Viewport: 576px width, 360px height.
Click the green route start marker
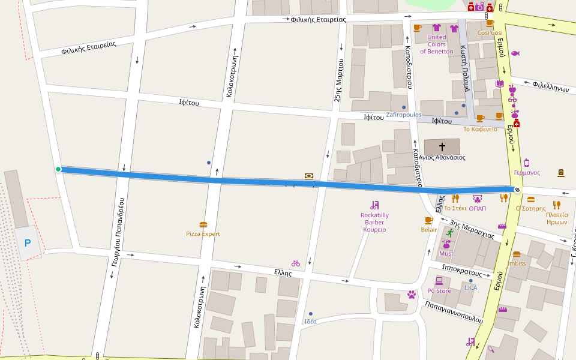[x=58, y=169]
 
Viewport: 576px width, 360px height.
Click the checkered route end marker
[x=517, y=190]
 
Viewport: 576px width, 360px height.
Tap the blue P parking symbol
[x=27, y=243]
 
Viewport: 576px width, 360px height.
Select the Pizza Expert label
[x=203, y=234]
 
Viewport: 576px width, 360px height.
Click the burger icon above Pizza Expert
[x=203, y=225]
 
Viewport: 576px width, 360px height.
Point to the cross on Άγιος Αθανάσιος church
[x=442, y=146]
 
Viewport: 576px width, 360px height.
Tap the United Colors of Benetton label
[x=436, y=44]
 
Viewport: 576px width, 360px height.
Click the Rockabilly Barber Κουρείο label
[x=374, y=222]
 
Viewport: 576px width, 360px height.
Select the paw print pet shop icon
[x=412, y=295]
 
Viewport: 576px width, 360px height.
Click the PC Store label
[x=439, y=291]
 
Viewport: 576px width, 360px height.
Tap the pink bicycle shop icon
[x=295, y=263]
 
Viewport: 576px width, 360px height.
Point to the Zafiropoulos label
[x=403, y=115]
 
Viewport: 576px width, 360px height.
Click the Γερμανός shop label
[x=527, y=173]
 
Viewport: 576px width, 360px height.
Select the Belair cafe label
[x=428, y=230]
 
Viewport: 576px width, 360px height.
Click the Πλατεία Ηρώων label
[x=557, y=218]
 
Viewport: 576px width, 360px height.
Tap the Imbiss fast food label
[x=517, y=263]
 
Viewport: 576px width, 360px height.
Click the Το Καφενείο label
[x=480, y=129]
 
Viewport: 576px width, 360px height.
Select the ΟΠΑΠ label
[x=478, y=209]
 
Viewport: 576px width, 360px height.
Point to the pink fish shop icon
[x=515, y=53]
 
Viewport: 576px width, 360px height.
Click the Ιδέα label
[x=310, y=322]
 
